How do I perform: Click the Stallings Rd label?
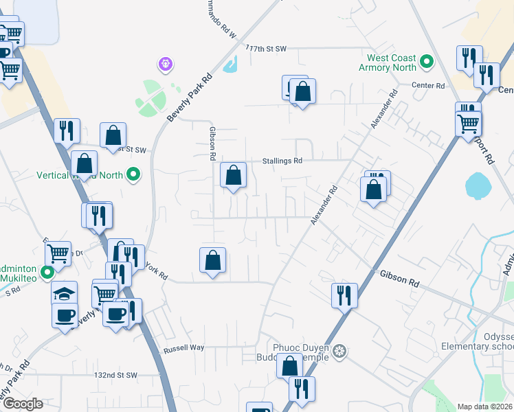[282, 161]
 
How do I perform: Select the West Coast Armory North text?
[391, 62]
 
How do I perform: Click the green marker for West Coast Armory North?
[426, 62]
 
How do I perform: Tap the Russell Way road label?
[183, 348]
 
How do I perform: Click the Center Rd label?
[428, 85]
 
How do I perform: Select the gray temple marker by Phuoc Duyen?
[338, 353]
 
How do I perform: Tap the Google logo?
[22, 404]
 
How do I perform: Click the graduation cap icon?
[65, 293]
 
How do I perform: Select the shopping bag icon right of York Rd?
[213, 260]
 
